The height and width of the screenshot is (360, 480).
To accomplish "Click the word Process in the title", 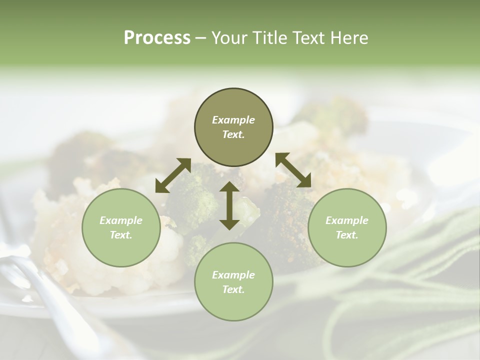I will pos(157,38).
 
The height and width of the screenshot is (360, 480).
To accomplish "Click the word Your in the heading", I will pos(229,38).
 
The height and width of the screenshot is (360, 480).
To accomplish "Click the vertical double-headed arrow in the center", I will pos(229,205).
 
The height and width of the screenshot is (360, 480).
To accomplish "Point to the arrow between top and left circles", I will pos(173,175).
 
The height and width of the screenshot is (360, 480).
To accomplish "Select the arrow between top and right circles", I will pos(293,170).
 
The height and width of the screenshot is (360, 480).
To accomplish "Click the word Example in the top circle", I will pos(233,120).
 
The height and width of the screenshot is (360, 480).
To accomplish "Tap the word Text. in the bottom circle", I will pos(233,289).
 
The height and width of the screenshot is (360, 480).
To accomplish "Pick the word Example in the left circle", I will pos(121,220).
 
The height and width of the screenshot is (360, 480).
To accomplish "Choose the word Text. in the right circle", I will pos(347,235).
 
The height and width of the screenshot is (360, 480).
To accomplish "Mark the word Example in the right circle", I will pos(347,220).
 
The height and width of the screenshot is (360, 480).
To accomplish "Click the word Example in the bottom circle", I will pos(233,275).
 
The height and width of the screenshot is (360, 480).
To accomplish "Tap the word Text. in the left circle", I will pos(121,235).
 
